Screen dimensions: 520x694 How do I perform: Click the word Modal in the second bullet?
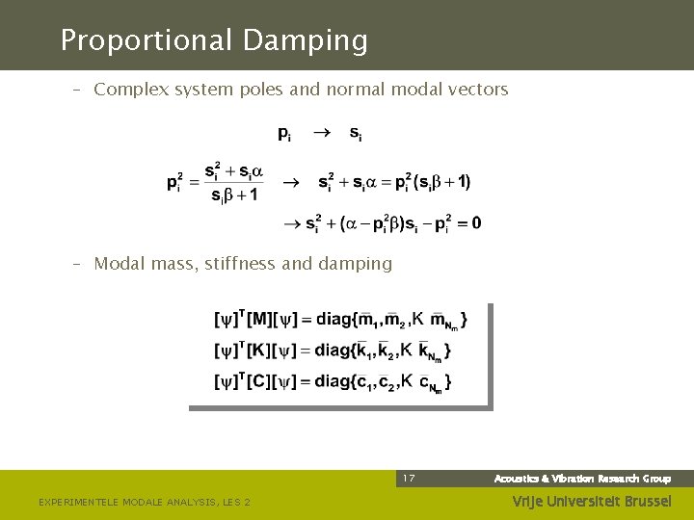[x=118, y=263]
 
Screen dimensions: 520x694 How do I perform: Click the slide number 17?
[x=409, y=479]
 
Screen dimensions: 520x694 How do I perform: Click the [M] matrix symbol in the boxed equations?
[x=261, y=319]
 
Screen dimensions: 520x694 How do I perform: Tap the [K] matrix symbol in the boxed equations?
[x=259, y=350]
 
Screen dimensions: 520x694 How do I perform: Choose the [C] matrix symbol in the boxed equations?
[x=259, y=381]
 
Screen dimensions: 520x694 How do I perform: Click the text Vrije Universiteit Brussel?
[x=591, y=501]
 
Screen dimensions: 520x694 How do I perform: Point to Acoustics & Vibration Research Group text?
[x=582, y=479]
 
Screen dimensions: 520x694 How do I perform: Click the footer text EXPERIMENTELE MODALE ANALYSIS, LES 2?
[x=144, y=502]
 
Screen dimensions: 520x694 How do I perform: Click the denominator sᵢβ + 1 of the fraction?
[x=233, y=195]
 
